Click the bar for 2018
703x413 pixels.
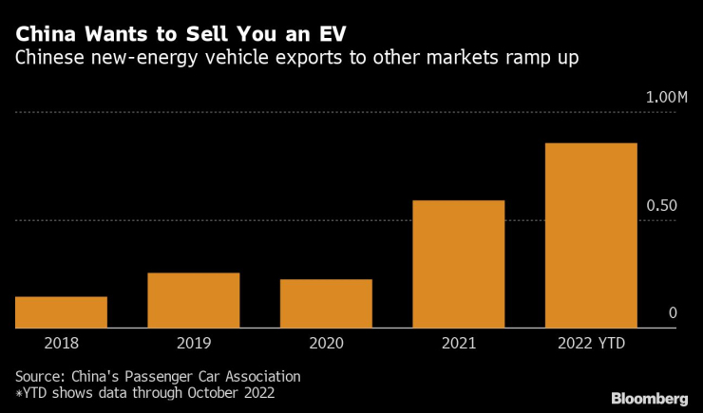click(61, 312)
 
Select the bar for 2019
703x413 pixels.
click(194, 300)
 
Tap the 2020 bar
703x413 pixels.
click(326, 304)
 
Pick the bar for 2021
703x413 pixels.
click(458, 264)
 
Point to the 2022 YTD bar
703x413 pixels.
click(591, 235)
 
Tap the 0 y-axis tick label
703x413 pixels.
click(672, 313)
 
